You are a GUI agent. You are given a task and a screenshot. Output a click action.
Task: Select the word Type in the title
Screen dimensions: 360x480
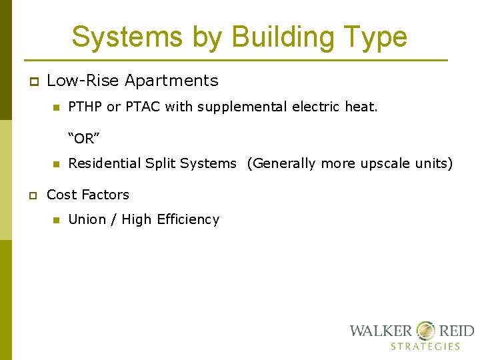pyautogui.click(x=373, y=37)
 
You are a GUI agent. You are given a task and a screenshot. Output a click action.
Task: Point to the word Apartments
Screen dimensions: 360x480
pyautogui.click(x=171, y=81)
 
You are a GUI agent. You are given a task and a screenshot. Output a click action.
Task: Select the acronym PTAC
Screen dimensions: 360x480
pyautogui.click(x=139, y=107)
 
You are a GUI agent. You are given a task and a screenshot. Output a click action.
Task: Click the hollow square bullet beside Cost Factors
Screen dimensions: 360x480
pyautogui.click(x=31, y=195)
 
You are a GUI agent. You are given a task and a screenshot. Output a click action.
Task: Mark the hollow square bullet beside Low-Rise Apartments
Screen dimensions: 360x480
pyautogui.click(x=31, y=81)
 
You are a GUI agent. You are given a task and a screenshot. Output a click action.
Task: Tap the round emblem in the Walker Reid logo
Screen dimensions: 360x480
pyautogui.click(x=425, y=331)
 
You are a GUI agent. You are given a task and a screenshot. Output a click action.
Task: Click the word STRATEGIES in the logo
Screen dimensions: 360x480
pyautogui.click(x=425, y=347)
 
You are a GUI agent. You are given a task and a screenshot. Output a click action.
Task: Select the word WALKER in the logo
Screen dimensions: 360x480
pyautogui.click(x=381, y=331)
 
